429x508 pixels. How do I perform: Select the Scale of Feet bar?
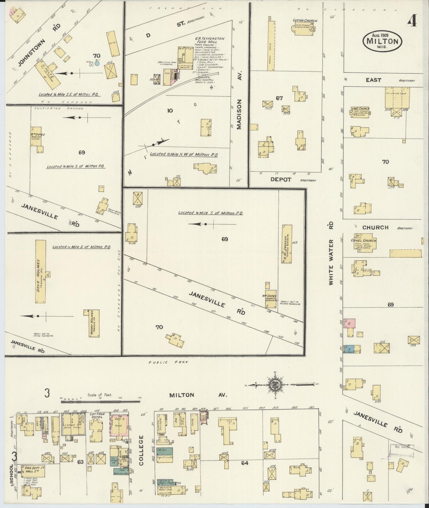(100, 402)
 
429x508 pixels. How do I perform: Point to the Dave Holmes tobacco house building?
(41, 271)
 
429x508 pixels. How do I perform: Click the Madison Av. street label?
(239, 114)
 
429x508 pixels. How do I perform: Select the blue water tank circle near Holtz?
(97, 63)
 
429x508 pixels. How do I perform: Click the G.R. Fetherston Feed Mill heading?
(210, 40)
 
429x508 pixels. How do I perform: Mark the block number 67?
(279, 98)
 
